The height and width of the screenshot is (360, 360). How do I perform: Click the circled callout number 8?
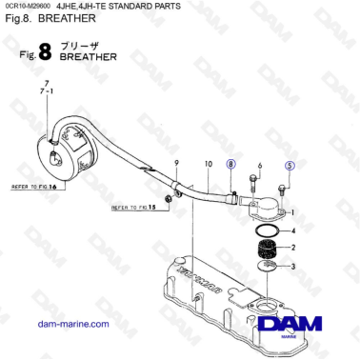click(x=230, y=165)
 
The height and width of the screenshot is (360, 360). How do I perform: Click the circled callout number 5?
click(x=290, y=166)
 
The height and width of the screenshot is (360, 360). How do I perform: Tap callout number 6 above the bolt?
click(x=260, y=166)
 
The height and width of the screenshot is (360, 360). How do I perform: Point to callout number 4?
click(x=295, y=231)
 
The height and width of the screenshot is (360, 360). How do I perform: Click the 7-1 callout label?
click(x=44, y=95)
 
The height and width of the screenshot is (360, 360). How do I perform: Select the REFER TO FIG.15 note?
click(x=130, y=207)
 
